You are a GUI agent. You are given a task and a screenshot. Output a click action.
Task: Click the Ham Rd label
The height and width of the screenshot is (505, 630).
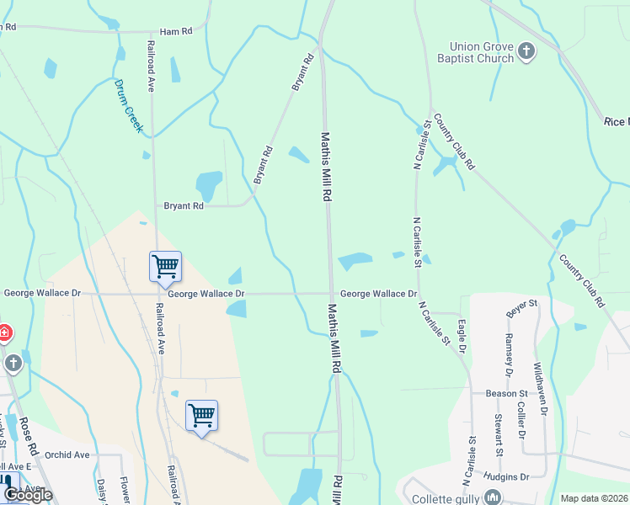176,30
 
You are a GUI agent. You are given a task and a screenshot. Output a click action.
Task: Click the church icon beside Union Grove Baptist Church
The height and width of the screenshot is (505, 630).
526,52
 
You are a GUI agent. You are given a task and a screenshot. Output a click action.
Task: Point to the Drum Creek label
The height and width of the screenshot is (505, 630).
130,108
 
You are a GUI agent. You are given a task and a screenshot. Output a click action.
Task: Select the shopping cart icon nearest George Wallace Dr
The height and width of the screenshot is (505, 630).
165,266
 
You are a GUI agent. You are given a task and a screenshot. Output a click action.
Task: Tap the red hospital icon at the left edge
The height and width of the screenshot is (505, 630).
3,332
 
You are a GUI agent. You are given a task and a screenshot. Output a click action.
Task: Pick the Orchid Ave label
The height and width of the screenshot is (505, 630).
68,455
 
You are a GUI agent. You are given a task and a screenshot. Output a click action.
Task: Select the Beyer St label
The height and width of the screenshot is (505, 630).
522,308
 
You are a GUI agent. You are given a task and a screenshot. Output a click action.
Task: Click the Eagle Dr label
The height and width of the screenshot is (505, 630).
462,335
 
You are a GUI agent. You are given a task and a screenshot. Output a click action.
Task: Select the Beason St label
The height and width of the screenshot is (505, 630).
506,393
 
